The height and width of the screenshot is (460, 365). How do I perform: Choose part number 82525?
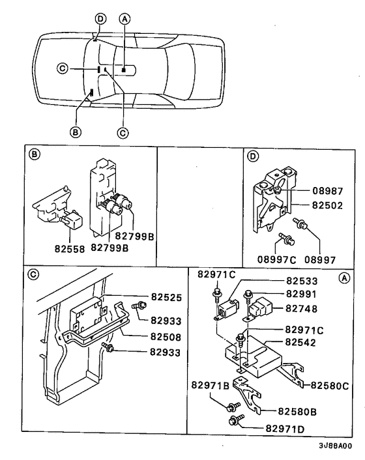tap(167, 296)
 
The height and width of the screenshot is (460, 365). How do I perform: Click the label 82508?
tap(167, 338)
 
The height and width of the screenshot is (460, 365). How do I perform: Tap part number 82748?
tap(301, 308)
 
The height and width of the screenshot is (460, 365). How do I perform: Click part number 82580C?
tap(328, 385)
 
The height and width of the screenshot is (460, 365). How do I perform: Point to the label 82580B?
tap(297, 411)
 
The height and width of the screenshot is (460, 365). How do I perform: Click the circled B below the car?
tap(75, 132)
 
